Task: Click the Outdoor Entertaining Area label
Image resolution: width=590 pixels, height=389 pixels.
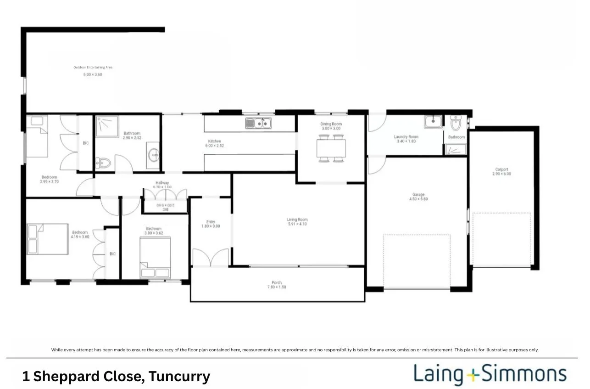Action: click(x=93, y=68)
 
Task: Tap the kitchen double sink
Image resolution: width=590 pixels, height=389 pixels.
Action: click(x=258, y=123)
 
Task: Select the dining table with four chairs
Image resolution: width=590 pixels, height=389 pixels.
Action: click(x=331, y=148)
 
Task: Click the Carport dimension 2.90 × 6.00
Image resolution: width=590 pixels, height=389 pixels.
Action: click(x=501, y=174)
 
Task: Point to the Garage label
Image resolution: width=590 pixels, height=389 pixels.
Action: click(x=418, y=195)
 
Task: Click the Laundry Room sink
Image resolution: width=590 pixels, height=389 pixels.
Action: click(x=433, y=122)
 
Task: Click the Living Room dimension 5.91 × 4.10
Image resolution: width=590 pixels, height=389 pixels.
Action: click(x=297, y=224)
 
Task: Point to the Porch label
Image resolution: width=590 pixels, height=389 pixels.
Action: click(x=277, y=282)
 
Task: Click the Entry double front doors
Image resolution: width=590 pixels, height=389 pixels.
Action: click(x=210, y=258)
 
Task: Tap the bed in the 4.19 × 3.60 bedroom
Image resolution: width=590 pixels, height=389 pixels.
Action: click(x=48, y=239)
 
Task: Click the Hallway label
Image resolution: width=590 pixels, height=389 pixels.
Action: click(x=162, y=182)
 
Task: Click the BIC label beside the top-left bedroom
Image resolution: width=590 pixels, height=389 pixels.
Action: click(x=86, y=143)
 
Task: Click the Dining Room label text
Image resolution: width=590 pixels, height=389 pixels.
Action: click(x=331, y=124)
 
